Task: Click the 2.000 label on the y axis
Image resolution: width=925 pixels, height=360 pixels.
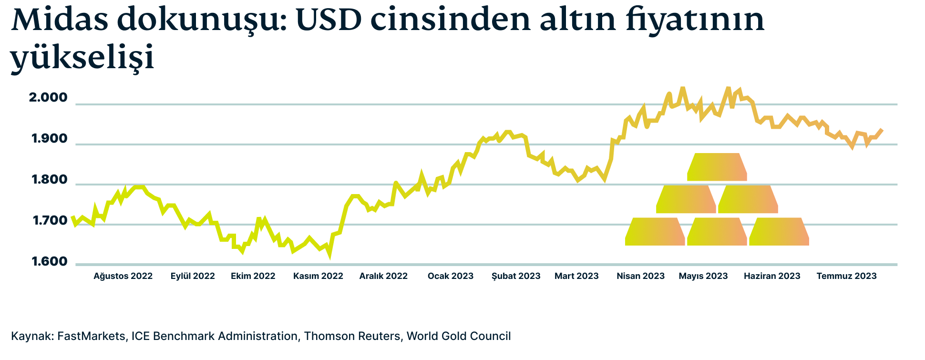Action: tap(48, 98)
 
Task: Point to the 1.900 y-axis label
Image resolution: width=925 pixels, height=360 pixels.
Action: tap(50, 139)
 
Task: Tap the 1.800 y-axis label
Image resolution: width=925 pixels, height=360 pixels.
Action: tap(50, 180)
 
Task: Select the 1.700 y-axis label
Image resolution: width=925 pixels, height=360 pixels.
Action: tap(50, 221)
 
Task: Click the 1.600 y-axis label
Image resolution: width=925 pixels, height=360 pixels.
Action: tap(50, 262)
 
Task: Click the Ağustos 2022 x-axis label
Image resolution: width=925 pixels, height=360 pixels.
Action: tap(123, 276)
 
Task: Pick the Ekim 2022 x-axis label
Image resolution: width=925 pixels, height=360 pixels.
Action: tap(253, 276)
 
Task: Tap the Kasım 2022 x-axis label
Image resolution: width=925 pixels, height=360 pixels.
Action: tap(318, 276)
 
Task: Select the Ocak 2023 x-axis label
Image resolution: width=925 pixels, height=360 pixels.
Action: tap(451, 276)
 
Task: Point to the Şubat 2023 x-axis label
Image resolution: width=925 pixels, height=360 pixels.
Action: tap(516, 276)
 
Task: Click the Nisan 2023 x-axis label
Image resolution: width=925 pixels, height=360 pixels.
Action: tap(640, 276)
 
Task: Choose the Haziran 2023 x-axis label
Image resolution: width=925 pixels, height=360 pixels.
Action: tap(772, 276)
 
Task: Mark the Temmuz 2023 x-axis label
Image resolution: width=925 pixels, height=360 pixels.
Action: tap(846, 276)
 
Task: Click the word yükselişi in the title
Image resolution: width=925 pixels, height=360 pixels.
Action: tap(82, 57)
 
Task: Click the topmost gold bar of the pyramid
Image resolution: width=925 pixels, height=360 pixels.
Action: tap(717, 167)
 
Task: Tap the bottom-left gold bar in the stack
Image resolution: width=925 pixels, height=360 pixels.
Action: tap(655, 232)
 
